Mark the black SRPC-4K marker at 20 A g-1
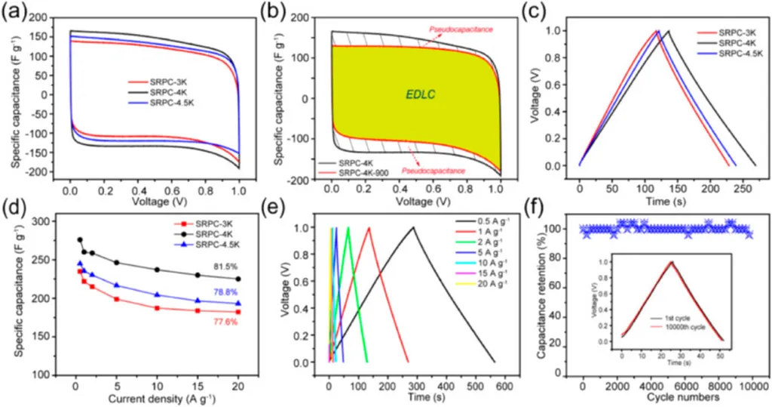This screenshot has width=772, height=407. point(238,279)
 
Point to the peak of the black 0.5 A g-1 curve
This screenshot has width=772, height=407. point(412,227)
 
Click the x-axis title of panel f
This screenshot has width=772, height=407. point(667,396)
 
